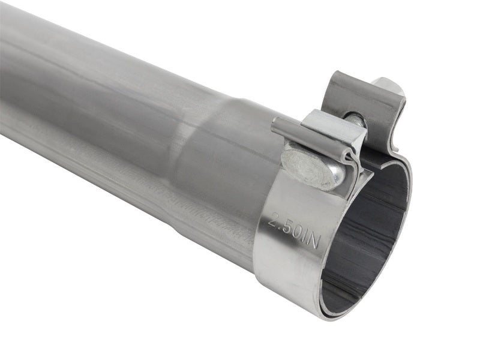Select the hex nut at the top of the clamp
point(388,88)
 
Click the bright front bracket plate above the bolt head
point(333,129)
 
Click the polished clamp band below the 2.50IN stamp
point(282,264)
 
